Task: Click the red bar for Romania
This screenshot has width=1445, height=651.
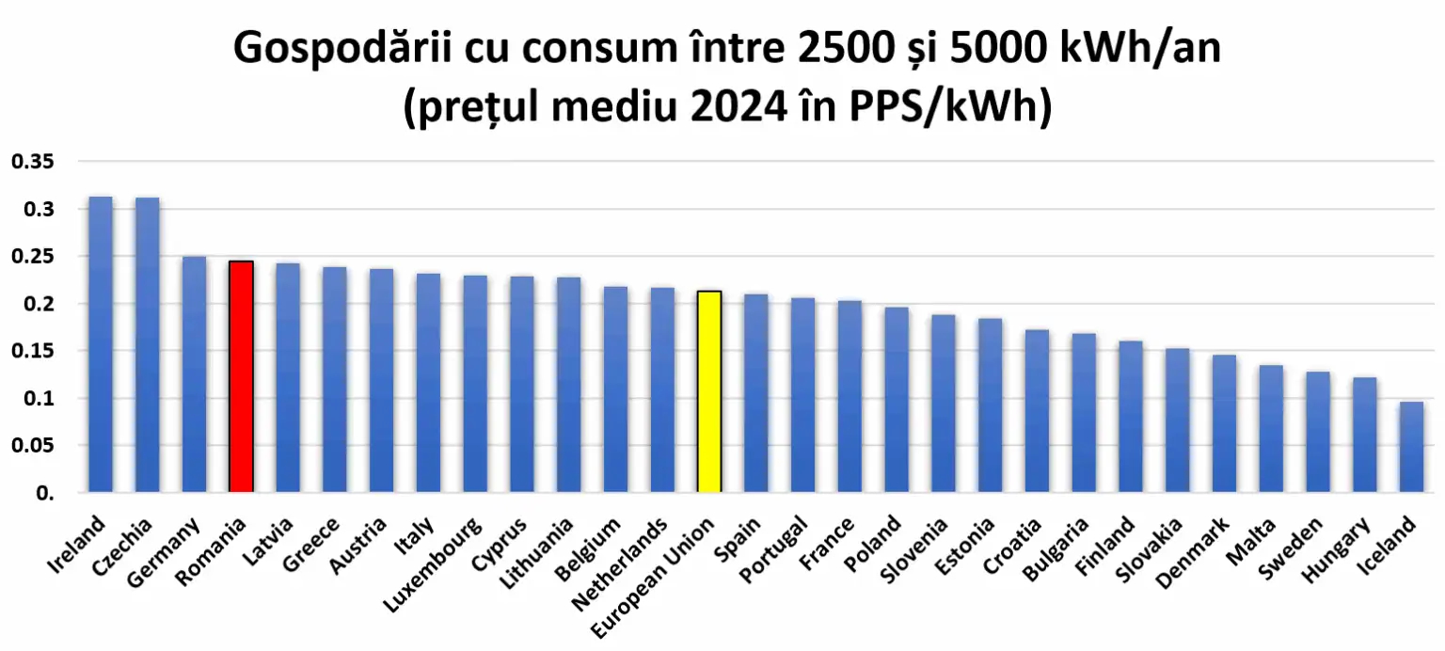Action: click(x=241, y=376)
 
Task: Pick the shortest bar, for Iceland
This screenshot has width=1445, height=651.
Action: click(x=1411, y=447)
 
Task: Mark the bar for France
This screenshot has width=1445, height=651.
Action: click(x=850, y=396)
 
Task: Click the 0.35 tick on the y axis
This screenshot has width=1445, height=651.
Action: click(x=32, y=162)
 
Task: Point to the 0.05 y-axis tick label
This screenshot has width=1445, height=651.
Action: click(x=32, y=446)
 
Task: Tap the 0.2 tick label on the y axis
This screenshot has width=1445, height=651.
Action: click(x=38, y=304)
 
